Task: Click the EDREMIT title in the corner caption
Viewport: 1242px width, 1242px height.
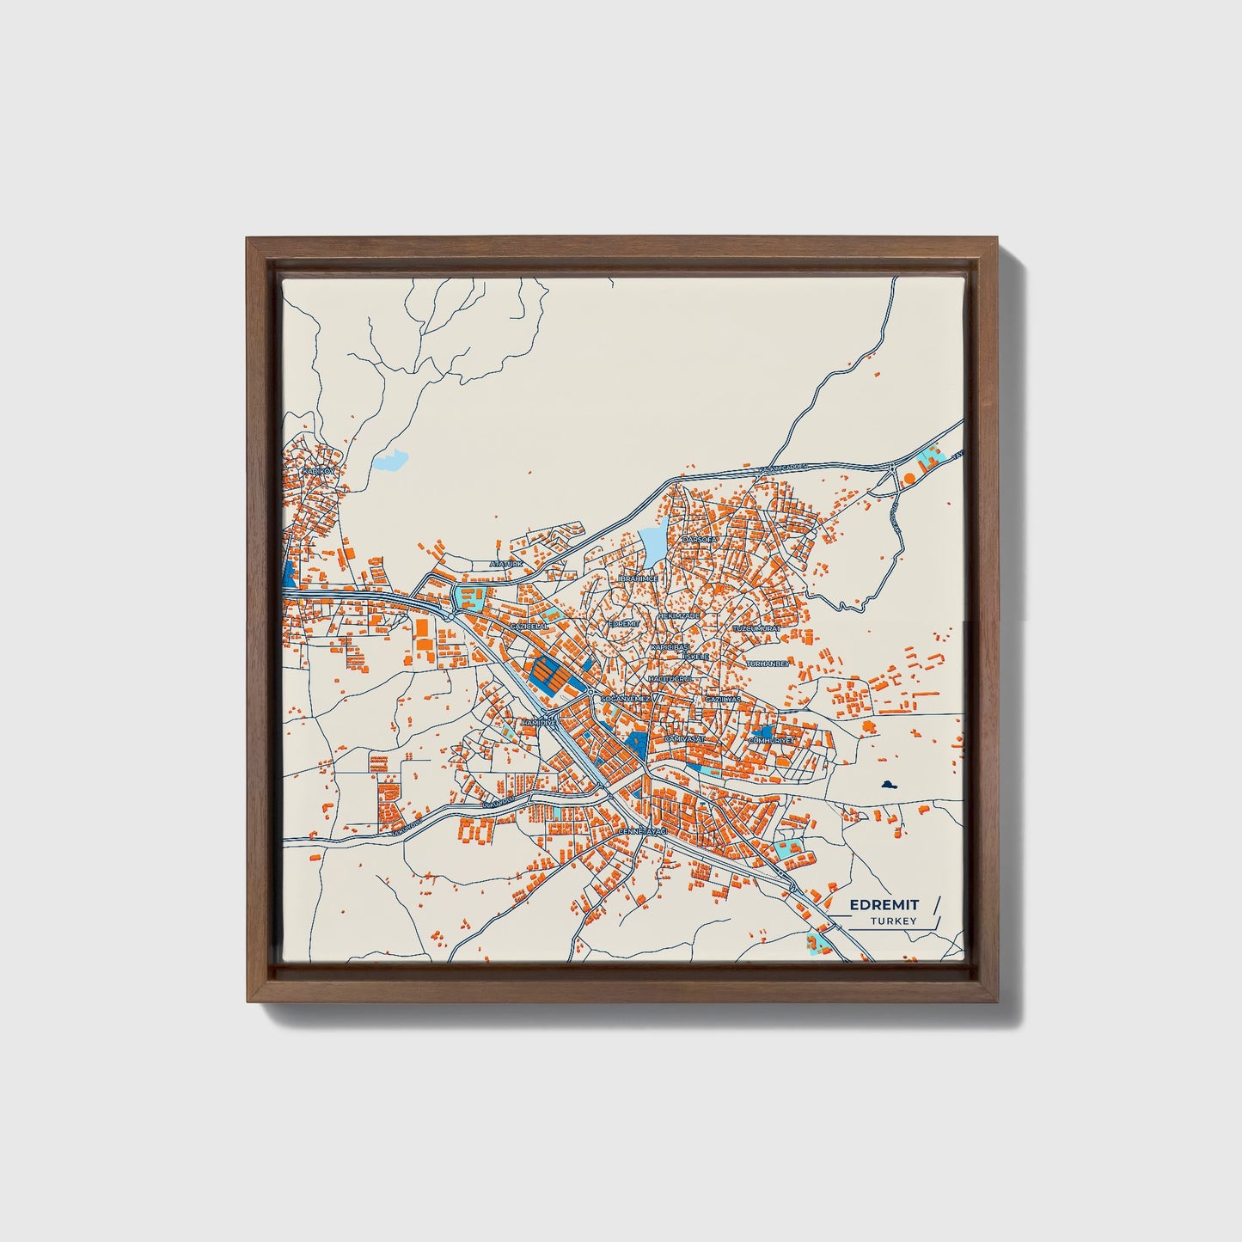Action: [884, 905]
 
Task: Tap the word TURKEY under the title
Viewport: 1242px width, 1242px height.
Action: [893, 921]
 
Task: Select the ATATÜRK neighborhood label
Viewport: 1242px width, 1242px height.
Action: [506, 564]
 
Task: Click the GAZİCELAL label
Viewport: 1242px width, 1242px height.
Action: [529, 627]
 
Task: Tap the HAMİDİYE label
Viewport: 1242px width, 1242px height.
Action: [539, 724]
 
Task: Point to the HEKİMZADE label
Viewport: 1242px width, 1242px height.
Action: [679, 615]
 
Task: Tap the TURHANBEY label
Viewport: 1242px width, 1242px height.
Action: [768, 664]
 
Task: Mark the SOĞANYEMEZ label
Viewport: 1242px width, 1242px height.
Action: [626, 700]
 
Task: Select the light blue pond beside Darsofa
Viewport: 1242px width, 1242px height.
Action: [652, 543]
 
